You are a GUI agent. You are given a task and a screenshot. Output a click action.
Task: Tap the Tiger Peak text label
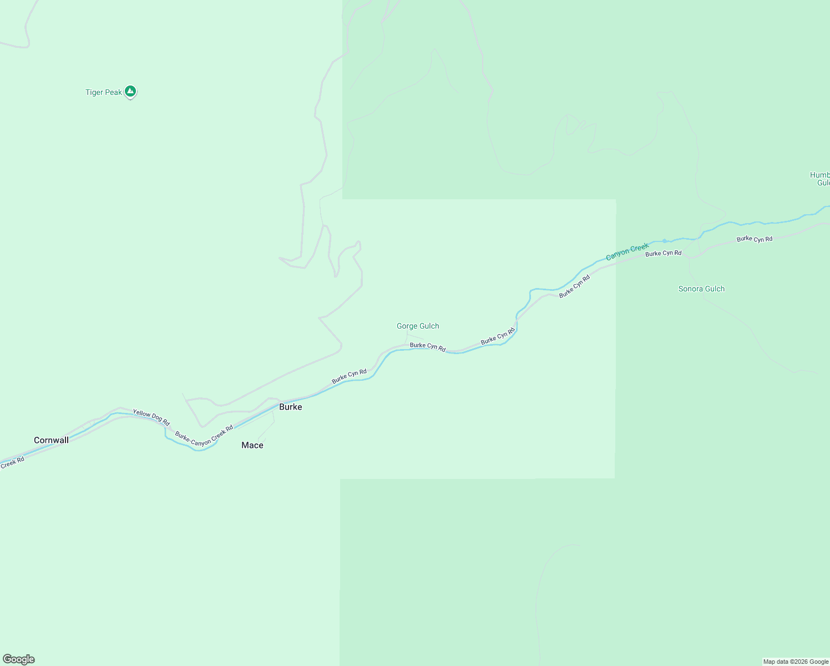tap(104, 92)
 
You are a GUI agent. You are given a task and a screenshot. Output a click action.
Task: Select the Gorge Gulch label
tap(418, 326)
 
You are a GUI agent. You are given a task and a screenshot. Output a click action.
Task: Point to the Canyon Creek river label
tap(627, 252)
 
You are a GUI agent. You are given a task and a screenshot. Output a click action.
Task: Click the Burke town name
tap(291, 407)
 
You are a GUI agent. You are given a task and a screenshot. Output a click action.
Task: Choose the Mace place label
tap(252, 445)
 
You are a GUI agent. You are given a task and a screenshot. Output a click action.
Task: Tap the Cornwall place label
tap(52, 440)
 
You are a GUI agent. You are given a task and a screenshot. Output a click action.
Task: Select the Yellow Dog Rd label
tap(151, 417)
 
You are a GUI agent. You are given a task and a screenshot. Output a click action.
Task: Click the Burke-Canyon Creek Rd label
tap(204, 436)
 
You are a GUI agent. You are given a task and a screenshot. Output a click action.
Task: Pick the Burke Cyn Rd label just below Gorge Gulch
tap(428, 347)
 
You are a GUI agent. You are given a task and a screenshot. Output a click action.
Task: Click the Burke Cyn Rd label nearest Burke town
tap(349, 376)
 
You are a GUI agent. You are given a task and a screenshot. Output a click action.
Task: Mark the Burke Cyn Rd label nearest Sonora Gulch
tap(663, 253)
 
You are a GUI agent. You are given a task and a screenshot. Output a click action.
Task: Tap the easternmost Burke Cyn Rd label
tap(755, 239)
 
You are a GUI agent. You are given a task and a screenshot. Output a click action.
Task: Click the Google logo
tap(19, 659)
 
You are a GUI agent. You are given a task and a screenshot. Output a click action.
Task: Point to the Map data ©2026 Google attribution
tap(796, 662)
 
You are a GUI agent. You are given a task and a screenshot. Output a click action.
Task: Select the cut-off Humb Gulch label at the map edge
tap(820, 179)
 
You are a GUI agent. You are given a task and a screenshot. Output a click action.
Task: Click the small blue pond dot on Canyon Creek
tap(664, 241)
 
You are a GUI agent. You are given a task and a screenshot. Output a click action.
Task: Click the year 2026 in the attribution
tap(799, 662)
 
